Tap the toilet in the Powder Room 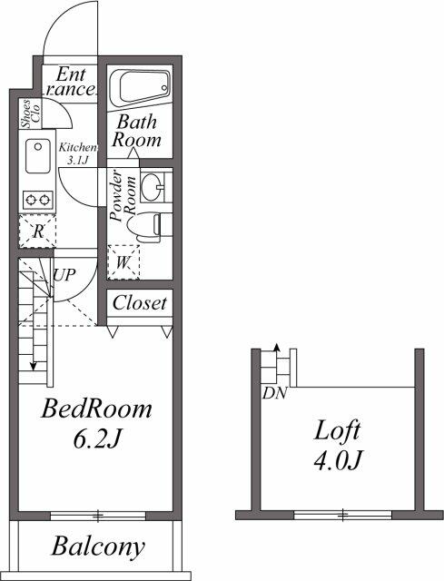coord(158,223)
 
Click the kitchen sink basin coord(39,156)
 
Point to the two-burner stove coord(39,198)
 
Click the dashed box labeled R coord(38,231)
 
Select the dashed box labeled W coord(123,263)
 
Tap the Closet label coord(139,303)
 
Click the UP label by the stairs coord(64,273)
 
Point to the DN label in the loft coord(273,393)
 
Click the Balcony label coord(97,547)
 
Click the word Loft coord(338,429)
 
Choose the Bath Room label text coord(136,131)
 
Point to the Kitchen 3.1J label coord(77,153)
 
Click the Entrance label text coord(72,82)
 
